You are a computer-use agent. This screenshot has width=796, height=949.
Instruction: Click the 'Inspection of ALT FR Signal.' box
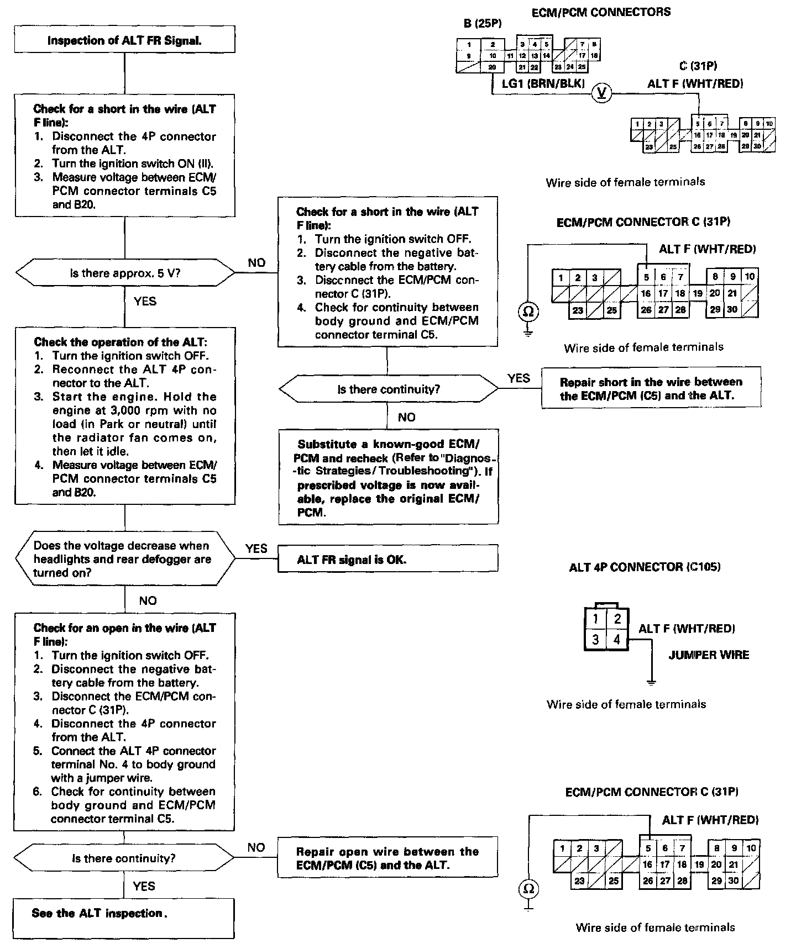point(124,40)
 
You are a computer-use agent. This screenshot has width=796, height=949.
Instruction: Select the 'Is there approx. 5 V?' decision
point(124,273)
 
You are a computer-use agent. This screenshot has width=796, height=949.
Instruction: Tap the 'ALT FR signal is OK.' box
point(387,559)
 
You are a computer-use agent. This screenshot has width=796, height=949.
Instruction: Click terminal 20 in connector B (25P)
point(492,67)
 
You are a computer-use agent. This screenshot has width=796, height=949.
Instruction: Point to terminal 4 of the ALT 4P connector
point(617,640)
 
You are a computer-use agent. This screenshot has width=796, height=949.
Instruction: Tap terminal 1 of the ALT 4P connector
point(595,619)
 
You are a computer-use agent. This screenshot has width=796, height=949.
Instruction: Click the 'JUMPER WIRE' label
point(709,655)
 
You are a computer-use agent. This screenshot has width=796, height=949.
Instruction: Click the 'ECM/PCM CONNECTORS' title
point(601,12)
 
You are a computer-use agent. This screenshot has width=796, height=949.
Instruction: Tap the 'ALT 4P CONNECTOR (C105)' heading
point(645,567)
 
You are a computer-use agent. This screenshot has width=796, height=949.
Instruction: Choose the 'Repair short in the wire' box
point(651,388)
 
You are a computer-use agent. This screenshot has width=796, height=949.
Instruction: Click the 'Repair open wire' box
point(387,858)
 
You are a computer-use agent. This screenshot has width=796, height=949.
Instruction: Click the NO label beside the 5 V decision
point(256,263)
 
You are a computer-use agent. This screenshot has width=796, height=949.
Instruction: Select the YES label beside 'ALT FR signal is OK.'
point(256,549)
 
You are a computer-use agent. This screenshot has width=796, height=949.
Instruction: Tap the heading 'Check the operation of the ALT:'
point(121,342)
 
